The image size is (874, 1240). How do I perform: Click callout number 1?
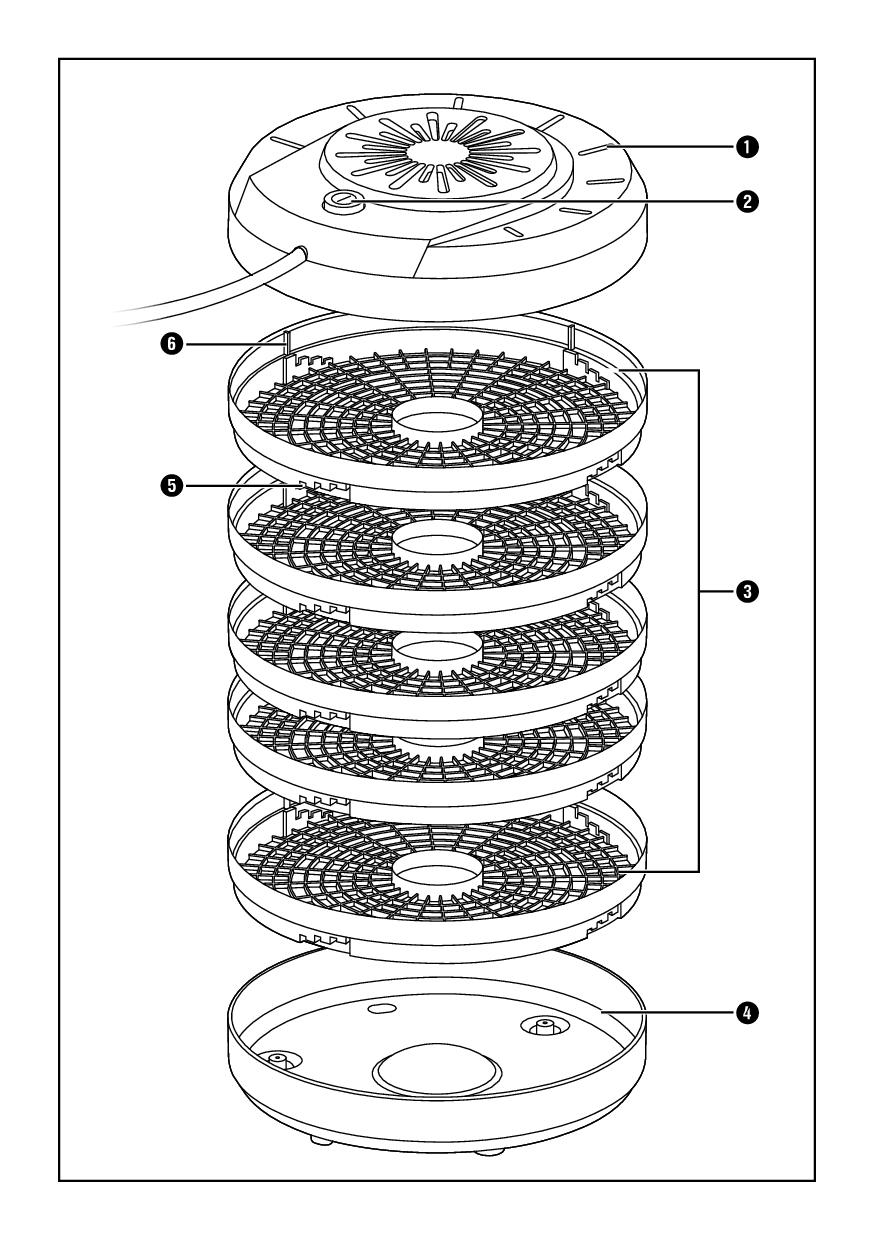(741, 146)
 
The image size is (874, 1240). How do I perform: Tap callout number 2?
(741, 201)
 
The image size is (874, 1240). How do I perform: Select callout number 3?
(741, 592)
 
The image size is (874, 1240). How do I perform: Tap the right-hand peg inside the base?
(543, 1026)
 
